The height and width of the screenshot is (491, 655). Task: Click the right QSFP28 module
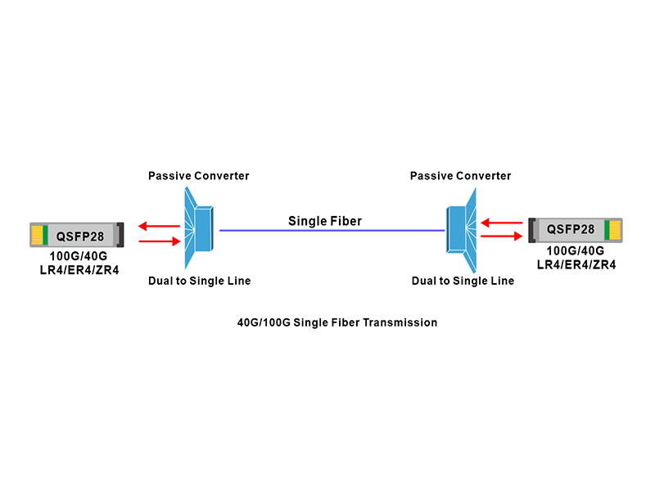click(x=576, y=229)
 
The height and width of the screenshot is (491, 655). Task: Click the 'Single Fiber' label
click(x=324, y=221)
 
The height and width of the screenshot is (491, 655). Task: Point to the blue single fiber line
click(x=327, y=231)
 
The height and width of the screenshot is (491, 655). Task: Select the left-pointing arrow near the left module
click(x=158, y=227)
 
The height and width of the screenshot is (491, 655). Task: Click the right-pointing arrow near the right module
click(x=501, y=236)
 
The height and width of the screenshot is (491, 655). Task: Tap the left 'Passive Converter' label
click(x=198, y=176)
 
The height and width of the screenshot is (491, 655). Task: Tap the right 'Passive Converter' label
click(x=460, y=176)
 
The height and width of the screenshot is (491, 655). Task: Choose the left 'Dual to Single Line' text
click(x=199, y=281)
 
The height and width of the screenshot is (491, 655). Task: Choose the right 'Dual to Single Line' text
click(x=463, y=281)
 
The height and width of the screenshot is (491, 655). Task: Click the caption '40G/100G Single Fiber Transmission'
click(x=337, y=322)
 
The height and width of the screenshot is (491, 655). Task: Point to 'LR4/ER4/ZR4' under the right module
click(x=576, y=264)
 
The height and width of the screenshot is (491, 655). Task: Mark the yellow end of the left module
click(x=37, y=235)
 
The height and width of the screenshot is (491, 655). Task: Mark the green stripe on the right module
click(x=607, y=229)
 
